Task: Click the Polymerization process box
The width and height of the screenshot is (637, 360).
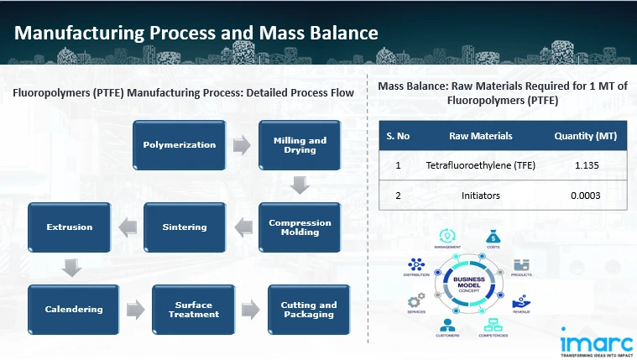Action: click(179, 144)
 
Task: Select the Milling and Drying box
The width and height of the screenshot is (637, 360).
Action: click(300, 144)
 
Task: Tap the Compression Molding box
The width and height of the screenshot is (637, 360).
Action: click(300, 227)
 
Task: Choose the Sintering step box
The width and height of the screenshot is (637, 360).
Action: click(184, 227)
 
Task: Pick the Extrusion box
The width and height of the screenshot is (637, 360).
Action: click(70, 227)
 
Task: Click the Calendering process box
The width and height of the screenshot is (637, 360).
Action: click(74, 309)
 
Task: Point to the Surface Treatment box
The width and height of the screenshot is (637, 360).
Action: click(193, 309)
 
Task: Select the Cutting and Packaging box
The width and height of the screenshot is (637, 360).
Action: click(309, 309)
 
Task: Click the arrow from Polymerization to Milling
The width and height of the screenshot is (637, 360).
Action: click(242, 144)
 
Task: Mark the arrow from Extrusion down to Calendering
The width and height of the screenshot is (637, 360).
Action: click(71, 268)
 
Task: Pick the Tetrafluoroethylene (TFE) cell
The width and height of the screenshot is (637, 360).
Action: click(480, 165)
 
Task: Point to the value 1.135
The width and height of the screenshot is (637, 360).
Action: click(586, 165)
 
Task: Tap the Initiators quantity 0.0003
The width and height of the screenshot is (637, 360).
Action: click(586, 196)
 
